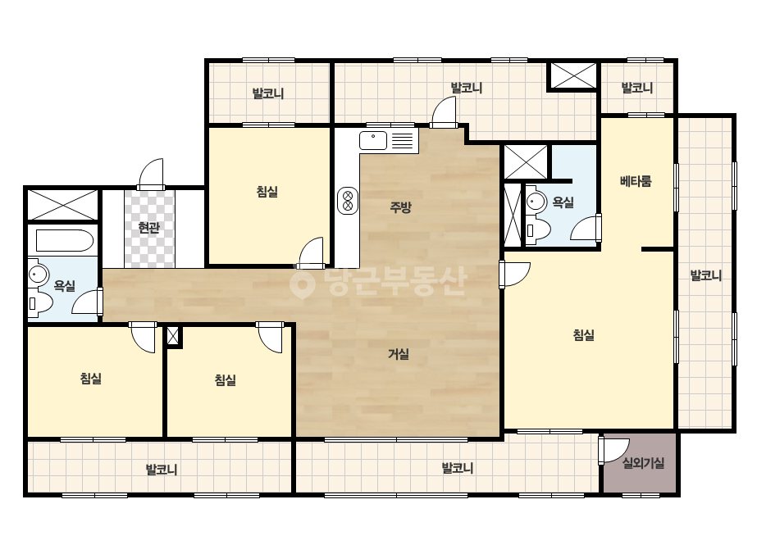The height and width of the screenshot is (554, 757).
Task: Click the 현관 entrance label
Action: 148,227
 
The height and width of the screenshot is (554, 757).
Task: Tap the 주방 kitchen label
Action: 401,207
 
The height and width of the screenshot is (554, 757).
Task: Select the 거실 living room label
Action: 399,354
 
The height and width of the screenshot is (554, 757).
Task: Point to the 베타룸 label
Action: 636,181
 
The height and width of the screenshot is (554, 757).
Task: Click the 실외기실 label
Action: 643,463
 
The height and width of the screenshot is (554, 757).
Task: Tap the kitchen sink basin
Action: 373,140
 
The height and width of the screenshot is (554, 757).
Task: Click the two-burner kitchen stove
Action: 348,200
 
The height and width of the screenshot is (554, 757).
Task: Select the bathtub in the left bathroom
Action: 64,240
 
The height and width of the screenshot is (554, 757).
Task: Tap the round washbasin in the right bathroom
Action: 536,202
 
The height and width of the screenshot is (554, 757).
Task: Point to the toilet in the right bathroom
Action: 538,229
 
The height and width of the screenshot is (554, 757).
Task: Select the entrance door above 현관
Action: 151,175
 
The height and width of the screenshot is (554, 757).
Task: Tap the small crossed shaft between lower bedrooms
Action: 173,336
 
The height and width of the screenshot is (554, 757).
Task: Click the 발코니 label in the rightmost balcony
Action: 706,275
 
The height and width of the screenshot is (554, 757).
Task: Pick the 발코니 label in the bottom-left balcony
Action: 162,469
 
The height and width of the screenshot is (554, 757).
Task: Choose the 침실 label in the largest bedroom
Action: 583,334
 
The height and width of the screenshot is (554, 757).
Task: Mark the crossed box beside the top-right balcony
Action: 573,75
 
